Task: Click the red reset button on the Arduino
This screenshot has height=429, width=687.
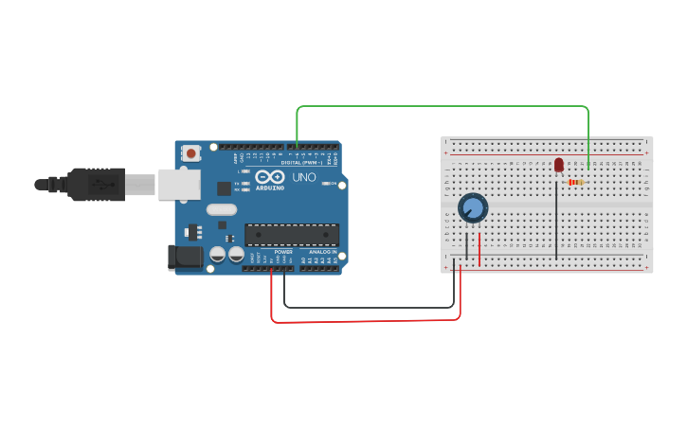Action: (191, 152)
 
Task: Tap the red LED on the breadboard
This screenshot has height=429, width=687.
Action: (559, 165)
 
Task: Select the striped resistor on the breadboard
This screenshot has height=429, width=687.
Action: (574, 182)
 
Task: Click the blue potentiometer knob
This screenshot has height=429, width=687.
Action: (472, 207)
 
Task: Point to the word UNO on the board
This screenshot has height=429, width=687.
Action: (304, 177)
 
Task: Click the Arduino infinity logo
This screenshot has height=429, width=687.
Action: (269, 176)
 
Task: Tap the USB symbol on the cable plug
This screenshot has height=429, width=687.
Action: (99, 184)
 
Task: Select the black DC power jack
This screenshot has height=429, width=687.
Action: (185, 256)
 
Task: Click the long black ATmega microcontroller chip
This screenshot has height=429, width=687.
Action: (292, 235)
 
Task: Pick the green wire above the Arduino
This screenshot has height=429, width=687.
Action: (436, 106)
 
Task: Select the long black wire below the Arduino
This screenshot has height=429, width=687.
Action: (370, 307)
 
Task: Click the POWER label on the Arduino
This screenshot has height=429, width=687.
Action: (283, 252)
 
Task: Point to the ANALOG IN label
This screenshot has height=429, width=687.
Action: (322, 252)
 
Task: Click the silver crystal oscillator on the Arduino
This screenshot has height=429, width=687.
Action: (221, 209)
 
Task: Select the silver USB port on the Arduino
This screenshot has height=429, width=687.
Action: (178, 185)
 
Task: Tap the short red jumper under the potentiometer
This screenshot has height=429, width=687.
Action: (479, 248)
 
